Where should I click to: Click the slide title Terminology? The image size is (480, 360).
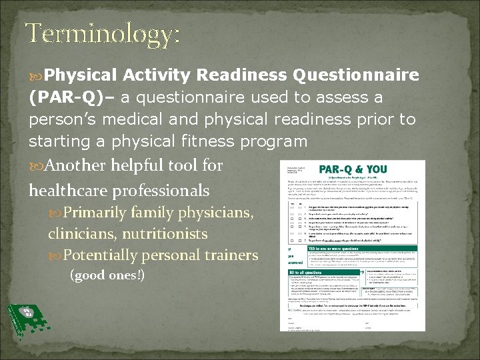103,34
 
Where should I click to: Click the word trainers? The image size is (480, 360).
232,255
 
